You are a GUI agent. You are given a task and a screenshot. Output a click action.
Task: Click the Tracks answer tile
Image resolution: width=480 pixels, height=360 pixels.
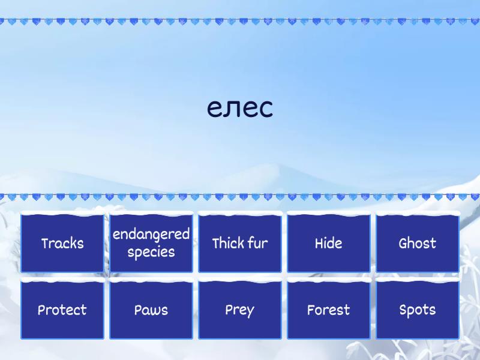coord(62,243)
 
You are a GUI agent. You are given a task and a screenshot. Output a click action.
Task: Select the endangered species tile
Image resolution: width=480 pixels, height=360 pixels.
coord(151,243)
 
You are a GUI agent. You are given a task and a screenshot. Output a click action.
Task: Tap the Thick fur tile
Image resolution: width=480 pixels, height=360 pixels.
coord(240,243)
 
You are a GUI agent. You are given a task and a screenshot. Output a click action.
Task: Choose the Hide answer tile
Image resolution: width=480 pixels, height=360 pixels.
coord(329,243)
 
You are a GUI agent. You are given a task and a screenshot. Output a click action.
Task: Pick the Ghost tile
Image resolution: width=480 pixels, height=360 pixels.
coord(418,243)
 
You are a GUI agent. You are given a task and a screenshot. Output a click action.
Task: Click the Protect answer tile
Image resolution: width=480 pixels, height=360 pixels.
coord(62,310)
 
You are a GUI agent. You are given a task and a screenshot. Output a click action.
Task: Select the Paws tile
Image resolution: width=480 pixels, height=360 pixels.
coord(151,310)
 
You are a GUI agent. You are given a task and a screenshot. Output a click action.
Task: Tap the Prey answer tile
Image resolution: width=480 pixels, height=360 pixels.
coord(240,310)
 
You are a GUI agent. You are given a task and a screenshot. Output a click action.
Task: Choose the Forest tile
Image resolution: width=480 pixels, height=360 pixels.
coord(329,310)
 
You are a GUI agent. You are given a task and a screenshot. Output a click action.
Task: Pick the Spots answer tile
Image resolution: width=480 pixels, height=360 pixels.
coord(418,310)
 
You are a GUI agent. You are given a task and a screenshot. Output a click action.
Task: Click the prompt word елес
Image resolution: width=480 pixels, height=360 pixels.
coord(240,108)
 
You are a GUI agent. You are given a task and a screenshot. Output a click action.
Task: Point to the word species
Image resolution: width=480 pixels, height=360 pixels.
coord(151,253)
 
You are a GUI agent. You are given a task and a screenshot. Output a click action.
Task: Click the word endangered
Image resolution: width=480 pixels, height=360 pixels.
coord(151,235)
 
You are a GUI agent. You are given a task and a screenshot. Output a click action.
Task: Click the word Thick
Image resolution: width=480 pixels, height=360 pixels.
coord(229,243)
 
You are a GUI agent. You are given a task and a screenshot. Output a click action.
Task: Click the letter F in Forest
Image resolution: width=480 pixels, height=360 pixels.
coord(311,310)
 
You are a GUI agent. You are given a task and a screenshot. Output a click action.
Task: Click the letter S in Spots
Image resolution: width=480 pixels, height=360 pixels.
coord(403,310)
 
